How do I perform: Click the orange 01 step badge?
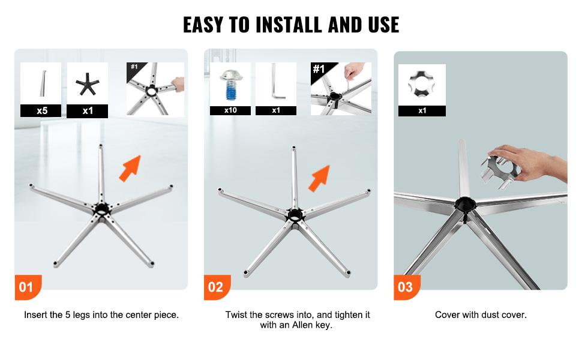[x=26, y=287]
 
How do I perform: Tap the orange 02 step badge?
[x=215, y=287]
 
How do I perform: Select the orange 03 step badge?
[x=406, y=287]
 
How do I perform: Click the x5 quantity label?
[x=41, y=110]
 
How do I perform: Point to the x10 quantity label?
[x=230, y=110]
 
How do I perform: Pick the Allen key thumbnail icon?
[x=276, y=84]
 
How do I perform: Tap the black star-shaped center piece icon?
[x=88, y=85]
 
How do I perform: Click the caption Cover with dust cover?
[x=481, y=314]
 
